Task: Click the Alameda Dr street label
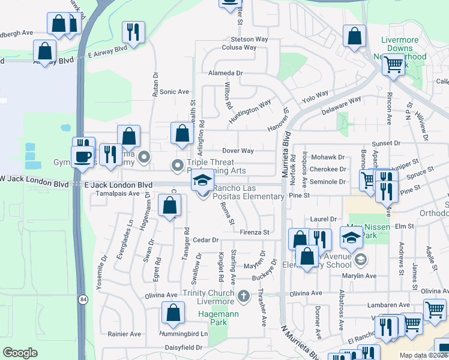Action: click(224, 73)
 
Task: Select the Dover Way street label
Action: click(238, 151)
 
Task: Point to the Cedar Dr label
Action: click(206, 240)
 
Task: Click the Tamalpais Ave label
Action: click(113, 194)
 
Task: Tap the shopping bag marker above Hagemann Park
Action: click(173, 313)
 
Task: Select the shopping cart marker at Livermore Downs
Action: click(394, 64)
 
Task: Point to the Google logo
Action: click(20, 353)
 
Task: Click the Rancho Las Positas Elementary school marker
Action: click(203, 181)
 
